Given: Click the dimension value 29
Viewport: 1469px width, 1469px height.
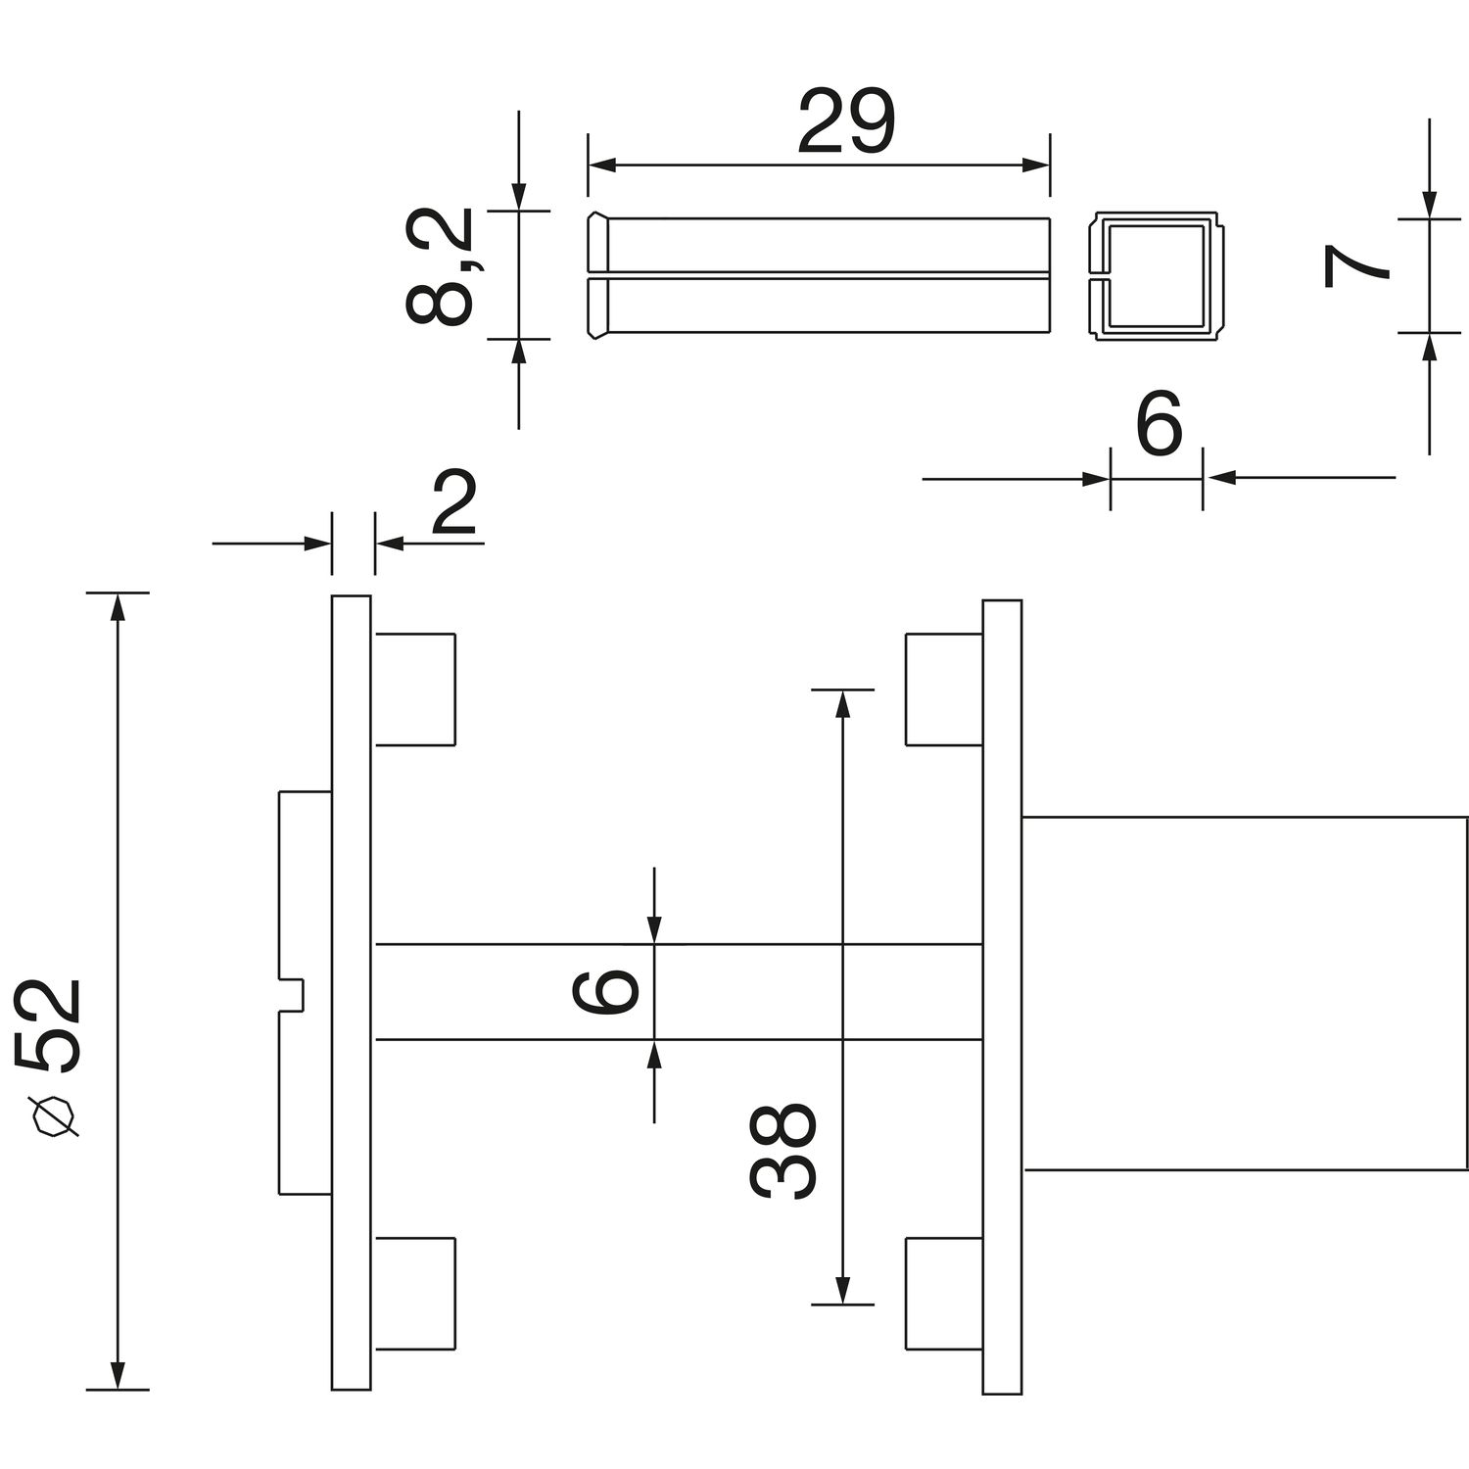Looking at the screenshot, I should [x=846, y=122].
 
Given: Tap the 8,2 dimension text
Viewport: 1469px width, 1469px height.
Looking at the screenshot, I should [x=440, y=266].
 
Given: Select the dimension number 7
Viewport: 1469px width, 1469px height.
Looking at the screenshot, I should [x=1355, y=267].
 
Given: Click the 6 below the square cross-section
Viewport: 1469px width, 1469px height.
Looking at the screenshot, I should [x=1159, y=424].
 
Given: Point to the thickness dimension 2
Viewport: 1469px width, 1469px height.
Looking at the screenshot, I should [x=453, y=504].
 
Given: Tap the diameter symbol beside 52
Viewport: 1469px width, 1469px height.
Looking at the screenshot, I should [x=55, y=1117].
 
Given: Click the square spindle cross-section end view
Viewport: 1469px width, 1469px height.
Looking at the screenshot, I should [x=1155, y=277].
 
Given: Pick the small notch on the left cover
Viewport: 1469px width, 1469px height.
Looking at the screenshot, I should [x=294, y=994].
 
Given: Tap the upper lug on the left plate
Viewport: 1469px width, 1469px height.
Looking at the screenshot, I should [x=414, y=688].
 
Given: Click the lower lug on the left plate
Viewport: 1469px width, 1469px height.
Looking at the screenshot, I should [x=414, y=1293].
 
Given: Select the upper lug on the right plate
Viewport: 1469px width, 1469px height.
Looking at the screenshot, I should [x=943, y=688].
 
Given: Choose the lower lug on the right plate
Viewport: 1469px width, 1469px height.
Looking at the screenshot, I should [x=943, y=1293].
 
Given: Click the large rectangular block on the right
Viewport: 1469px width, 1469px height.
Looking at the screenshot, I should [x=1244, y=992].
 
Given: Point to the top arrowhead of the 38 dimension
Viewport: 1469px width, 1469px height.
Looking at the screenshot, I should [x=842, y=703].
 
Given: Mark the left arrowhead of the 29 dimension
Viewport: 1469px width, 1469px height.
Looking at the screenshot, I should [x=600, y=165].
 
